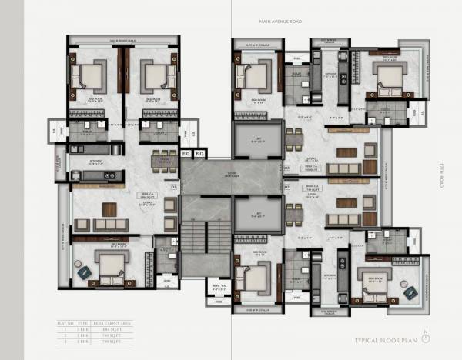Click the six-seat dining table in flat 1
pos(163,159)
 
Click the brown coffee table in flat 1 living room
pos(110,208)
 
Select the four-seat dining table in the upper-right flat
pos(292,141)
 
